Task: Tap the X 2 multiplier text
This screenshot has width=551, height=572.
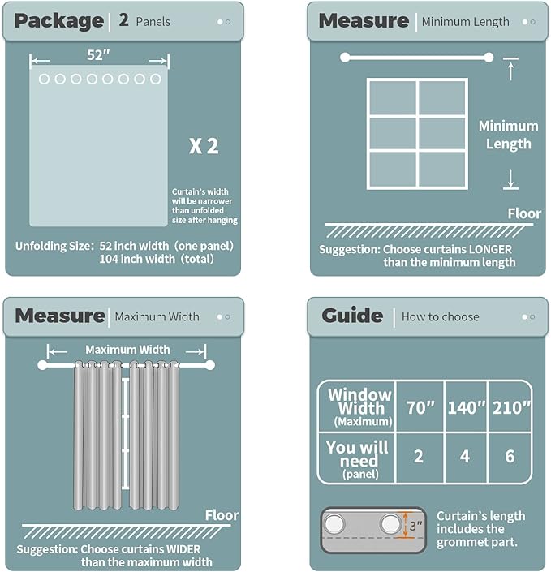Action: [x=204, y=147]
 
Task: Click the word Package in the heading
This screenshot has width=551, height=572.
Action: [x=58, y=21]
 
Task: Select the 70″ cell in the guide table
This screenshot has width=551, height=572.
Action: [x=421, y=407]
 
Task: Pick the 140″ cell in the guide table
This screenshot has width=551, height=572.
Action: [x=465, y=407]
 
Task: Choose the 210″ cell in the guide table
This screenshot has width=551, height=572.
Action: [x=510, y=407]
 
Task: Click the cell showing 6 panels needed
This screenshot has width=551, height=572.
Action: [x=510, y=457]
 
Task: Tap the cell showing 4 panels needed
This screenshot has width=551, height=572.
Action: [x=465, y=457]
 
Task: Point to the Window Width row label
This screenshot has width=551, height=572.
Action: [x=359, y=406]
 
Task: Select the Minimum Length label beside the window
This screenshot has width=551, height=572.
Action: [x=508, y=135]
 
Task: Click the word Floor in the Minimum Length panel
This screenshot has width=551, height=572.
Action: [x=524, y=213]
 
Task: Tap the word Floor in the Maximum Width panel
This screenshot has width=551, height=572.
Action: [x=222, y=515]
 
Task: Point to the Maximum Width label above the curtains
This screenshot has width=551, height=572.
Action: [x=127, y=350]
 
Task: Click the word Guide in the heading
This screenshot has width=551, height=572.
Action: [x=352, y=316]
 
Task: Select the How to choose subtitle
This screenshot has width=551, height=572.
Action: [x=440, y=316]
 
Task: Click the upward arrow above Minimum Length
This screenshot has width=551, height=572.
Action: [x=510, y=71]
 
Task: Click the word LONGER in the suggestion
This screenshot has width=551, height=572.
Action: [x=486, y=250]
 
